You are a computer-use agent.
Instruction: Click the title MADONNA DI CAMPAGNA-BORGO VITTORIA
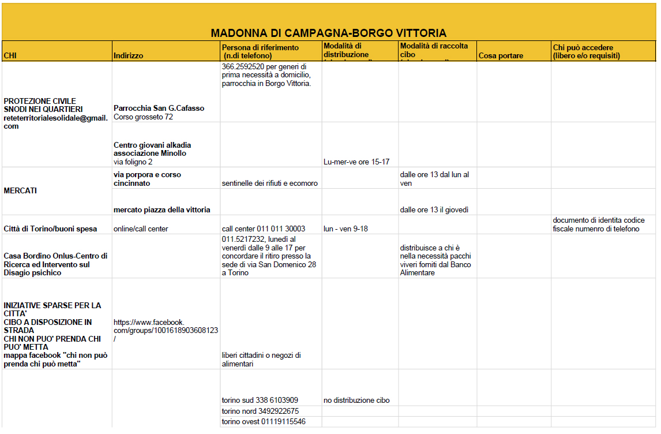pyautogui.click(x=328, y=33)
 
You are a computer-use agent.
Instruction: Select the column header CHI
pyautogui.click(x=10, y=56)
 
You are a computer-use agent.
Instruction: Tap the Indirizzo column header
pyautogui.click(x=129, y=56)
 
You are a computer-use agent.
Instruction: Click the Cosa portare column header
pyautogui.click(x=501, y=56)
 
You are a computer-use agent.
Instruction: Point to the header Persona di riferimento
pyautogui.click(x=260, y=51)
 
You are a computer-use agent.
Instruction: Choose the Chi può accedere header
pyautogui.click(x=586, y=51)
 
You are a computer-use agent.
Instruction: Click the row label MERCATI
pyautogui.click(x=20, y=191)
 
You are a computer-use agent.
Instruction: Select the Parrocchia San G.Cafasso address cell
pyautogui.click(x=159, y=113)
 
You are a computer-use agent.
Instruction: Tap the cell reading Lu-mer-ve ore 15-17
pyautogui.click(x=356, y=162)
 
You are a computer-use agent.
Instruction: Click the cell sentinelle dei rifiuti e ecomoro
pyautogui.click(x=269, y=184)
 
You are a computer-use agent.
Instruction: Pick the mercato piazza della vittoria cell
pyautogui.click(x=162, y=209)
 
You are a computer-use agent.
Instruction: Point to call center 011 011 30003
pyautogui.click(x=263, y=229)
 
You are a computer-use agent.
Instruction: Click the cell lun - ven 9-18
pyautogui.click(x=345, y=229)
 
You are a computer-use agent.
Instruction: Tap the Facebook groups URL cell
pyautogui.click(x=166, y=330)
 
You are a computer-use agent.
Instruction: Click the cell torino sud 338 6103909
pyautogui.click(x=260, y=400)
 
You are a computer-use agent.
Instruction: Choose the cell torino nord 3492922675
pyautogui.click(x=260, y=411)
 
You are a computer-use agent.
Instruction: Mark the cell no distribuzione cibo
pyautogui.click(x=356, y=400)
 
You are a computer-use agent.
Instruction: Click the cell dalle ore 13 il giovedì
pyautogui.click(x=434, y=209)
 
